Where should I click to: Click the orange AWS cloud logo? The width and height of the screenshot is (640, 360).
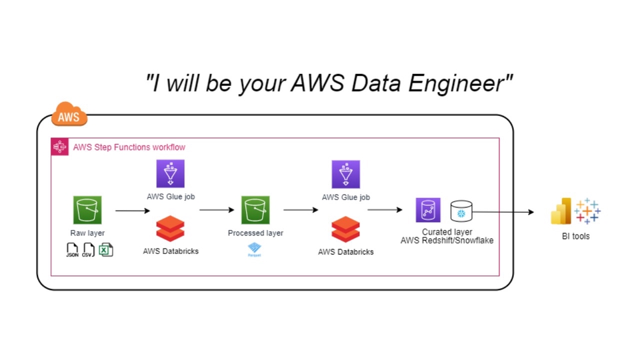pos(69,115)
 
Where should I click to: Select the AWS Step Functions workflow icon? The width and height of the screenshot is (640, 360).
pos(60,147)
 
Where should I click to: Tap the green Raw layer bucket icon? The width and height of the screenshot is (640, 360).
pos(87,210)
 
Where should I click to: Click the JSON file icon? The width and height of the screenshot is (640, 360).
pos(72,250)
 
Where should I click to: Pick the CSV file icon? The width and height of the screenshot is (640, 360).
pos(88,250)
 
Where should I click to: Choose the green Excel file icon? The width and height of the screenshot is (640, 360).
pos(105,250)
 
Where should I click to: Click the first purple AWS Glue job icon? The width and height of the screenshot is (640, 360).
pos(171,175)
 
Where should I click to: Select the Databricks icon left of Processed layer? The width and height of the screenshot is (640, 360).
pos(170,229)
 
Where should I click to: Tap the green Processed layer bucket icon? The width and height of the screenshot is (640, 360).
pos(255,210)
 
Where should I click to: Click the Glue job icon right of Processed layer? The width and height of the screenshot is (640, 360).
pos(345,175)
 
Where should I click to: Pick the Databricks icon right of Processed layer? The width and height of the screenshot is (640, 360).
pos(345,230)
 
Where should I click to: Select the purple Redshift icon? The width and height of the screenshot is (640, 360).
pos(428,211)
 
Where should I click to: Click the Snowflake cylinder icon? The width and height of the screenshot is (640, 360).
pos(461,211)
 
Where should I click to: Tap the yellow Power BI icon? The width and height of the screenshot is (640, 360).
pos(561,211)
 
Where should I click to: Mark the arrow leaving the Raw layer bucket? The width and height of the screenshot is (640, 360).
pos(133,211)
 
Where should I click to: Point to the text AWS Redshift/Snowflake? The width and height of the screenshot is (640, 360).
pos(447,241)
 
